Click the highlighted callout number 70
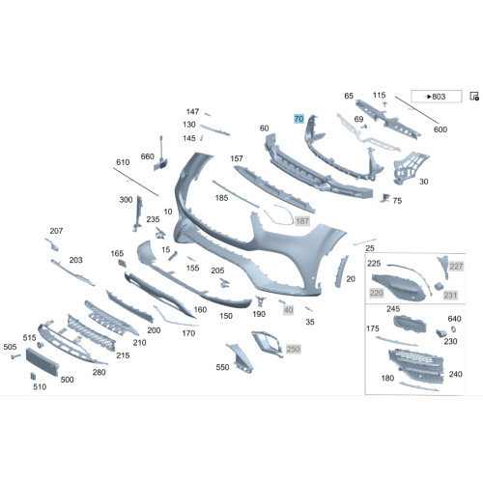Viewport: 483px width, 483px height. point(298,119)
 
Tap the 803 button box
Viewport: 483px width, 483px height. point(437,97)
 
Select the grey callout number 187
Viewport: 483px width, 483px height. point(302,221)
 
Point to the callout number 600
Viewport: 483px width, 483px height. point(440,129)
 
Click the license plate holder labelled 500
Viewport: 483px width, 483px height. point(43,361)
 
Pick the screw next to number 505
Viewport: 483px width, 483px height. point(15,356)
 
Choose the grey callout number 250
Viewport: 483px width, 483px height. point(294,349)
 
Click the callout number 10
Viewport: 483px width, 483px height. point(168,212)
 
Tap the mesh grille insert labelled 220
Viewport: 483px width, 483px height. point(398,288)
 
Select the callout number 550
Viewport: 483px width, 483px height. point(222,367)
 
